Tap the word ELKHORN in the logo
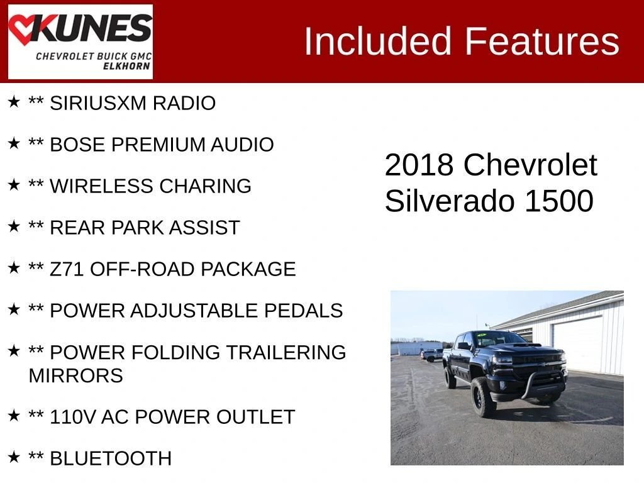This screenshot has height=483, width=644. pos(126,66)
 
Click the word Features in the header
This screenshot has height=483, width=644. pos(541,41)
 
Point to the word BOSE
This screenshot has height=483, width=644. pos(77,145)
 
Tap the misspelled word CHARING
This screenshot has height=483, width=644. pos(206,186)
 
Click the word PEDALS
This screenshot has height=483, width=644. pos(303,311)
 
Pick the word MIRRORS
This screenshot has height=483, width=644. pos(76,375)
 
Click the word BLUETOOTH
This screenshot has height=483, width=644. pos(111,458)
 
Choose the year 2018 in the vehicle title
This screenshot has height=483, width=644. pos(418,165)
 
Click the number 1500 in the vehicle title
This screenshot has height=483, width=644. pos(559,201)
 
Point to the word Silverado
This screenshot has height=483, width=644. pos(450,201)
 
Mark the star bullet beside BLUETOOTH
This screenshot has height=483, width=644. pos(14,457)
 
